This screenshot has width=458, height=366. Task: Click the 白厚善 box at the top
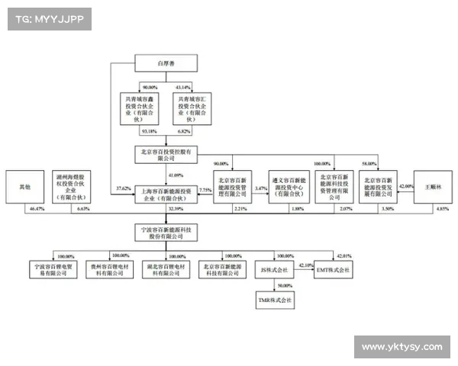[166, 64]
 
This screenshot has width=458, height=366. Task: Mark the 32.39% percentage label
[176, 208]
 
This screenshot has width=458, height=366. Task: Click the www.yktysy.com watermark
[402, 347]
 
